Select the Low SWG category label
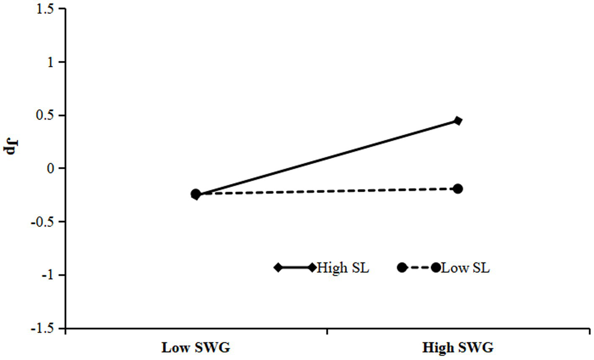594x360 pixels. coord(196,348)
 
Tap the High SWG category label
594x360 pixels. coord(458,348)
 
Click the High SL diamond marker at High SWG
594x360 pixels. coord(458,121)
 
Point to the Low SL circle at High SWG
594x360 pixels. coord(458,189)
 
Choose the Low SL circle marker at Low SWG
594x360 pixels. coord(196,193)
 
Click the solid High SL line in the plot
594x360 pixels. coord(327,158)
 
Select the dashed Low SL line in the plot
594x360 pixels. coord(327,191)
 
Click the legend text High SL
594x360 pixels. coord(343,268)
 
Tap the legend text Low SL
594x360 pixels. coord(465,268)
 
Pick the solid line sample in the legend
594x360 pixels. coord(295,268)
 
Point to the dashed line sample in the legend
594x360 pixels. coord(419,268)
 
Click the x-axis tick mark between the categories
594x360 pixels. coord(327,332)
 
